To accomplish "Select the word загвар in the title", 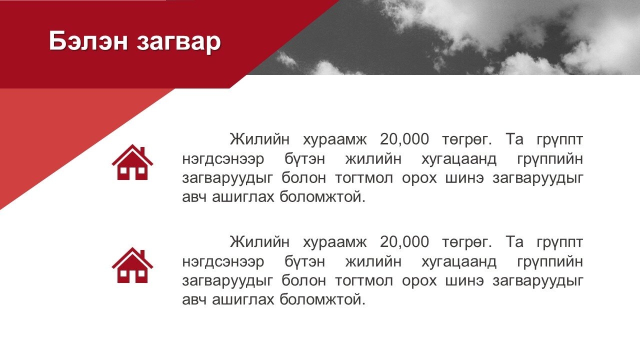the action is tap(179, 43).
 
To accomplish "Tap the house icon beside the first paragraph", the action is tap(132, 162).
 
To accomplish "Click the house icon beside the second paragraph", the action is tap(132, 265).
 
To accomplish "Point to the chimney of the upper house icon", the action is tap(142, 151).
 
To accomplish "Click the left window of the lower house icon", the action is tap(123, 273).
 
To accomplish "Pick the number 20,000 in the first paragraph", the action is tap(404, 139).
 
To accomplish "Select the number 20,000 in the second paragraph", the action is tap(404, 242).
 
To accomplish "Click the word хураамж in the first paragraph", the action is tap(334, 140).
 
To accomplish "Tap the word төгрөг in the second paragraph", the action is tap(464, 243).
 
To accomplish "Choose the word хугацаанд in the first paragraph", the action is tap(459, 159).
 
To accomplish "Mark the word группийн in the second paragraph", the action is tap(550, 261).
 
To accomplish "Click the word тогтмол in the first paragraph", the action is tap(364, 178).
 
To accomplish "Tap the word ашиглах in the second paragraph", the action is tap(243, 299).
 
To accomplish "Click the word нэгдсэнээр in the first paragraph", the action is tap(223, 159).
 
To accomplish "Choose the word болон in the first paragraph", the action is tap(303, 177).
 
